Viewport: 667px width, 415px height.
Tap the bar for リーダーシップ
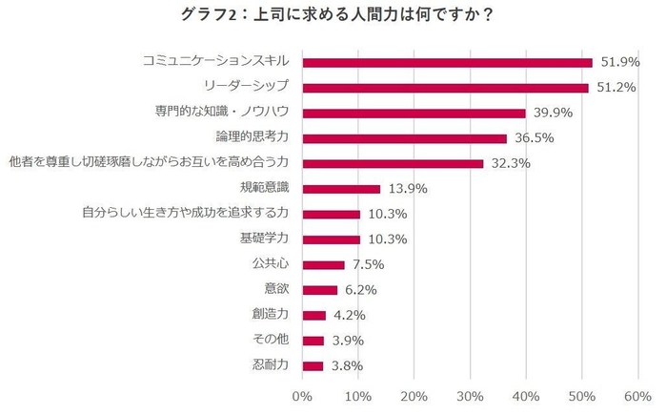pos(445,88)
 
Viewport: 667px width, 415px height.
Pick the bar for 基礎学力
pos(331,239)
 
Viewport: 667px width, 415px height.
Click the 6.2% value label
pos(361,290)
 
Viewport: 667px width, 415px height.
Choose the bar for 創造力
pos(313,315)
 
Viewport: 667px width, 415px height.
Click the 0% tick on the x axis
pos(302,396)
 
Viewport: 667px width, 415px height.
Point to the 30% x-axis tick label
pos(470,396)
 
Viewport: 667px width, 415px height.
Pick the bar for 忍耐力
pos(313,365)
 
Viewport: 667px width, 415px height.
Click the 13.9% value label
pos(404,189)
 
